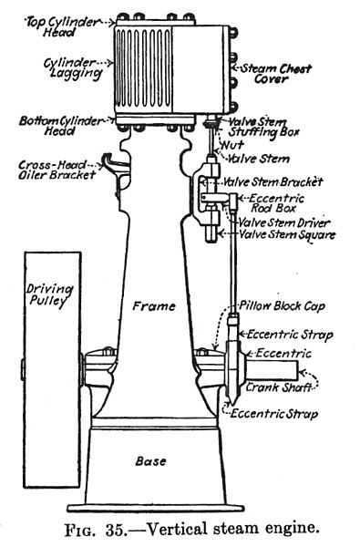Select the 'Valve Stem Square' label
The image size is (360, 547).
coord(286,235)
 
